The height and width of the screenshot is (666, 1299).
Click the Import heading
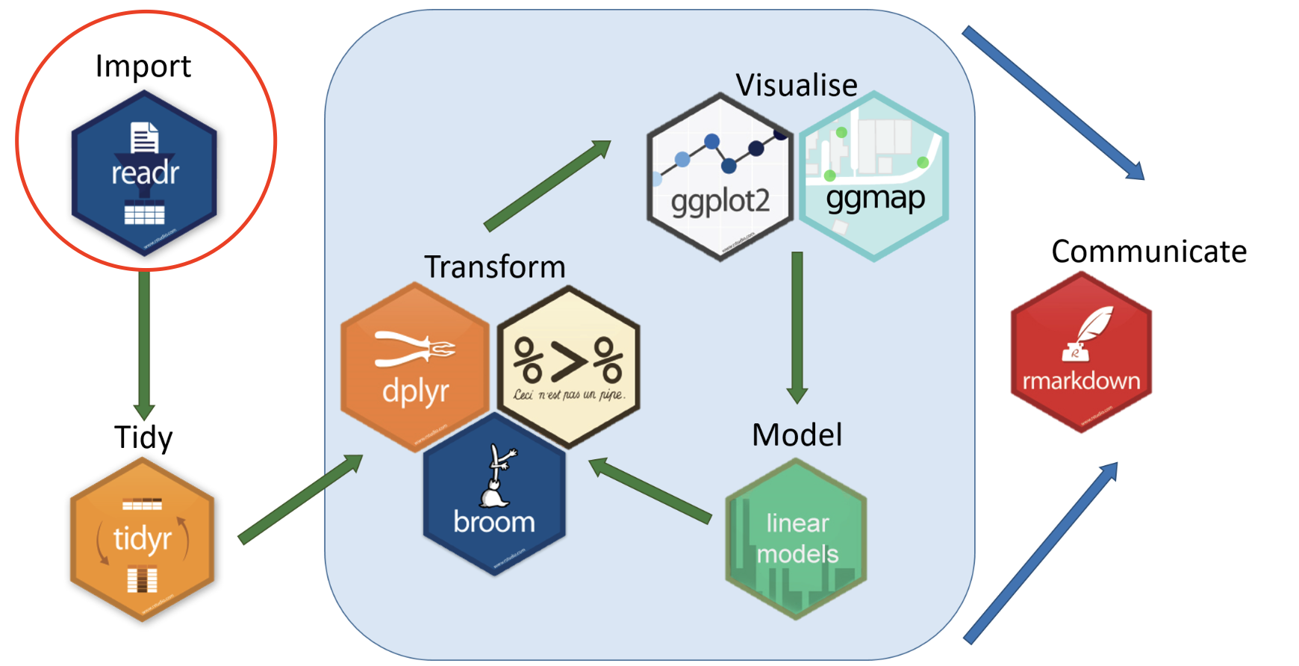(143, 66)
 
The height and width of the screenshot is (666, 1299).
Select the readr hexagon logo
(144, 173)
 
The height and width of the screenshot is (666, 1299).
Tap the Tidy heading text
(143, 437)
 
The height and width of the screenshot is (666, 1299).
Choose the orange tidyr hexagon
(142, 539)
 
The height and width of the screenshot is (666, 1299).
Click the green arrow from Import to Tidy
(144, 343)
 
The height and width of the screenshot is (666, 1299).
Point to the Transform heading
(494, 267)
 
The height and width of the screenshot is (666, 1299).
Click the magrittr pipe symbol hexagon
(569, 367)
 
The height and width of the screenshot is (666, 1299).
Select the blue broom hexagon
(494, 494)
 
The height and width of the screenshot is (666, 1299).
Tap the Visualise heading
(797, 85)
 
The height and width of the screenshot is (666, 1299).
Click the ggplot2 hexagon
(720, 177)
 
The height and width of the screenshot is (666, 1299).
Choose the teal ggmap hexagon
(874, 176)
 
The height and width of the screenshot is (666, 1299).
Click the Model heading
(797, 435)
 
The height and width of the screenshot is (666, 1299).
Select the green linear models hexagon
(797, 538)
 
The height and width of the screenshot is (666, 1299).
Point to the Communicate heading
(1149, 252)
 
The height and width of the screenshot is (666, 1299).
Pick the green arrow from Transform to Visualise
(547, 185)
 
